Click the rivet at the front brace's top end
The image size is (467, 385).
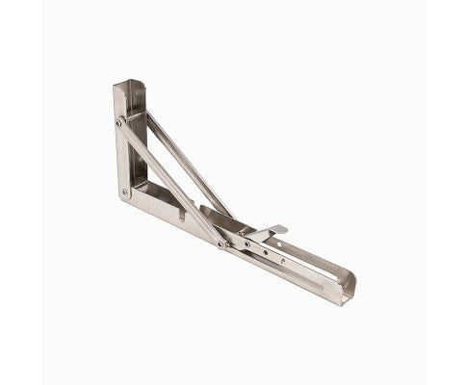click(x=119, y=122)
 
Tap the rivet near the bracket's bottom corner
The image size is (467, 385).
click(x=124, y=192)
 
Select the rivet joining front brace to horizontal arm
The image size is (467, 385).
click(x=221, y=244)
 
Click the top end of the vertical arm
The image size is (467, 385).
click(x=128, y=85)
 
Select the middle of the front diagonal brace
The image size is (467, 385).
click(x=169, y=183)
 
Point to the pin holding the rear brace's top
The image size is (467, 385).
click(x=144, y=115)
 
